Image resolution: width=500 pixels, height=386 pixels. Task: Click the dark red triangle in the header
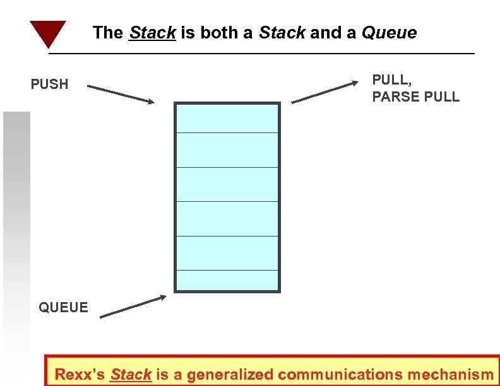point(47,32)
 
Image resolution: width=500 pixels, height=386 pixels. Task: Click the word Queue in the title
point(389,33)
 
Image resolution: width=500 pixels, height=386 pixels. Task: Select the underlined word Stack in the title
point(152,33)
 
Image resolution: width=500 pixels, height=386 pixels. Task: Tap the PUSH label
point(49,84)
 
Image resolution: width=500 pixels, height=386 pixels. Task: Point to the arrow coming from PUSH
point(120,93)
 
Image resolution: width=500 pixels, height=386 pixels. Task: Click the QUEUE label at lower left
point(63,307)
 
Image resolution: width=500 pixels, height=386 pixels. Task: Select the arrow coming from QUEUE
point(133,306)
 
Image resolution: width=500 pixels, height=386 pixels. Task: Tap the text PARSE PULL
point(415,97)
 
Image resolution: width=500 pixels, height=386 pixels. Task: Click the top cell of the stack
point(227,118)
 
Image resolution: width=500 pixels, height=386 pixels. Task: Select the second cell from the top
point(227,150)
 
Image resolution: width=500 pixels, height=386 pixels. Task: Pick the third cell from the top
point(227,184)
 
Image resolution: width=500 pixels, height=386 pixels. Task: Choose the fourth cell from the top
point(227,219)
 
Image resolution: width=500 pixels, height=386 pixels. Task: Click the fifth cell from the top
point(227,253)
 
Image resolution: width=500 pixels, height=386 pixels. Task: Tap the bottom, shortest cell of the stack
point(227,280)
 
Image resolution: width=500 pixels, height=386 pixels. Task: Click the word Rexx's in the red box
point(80,374)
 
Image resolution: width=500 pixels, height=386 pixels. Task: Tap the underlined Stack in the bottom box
point(131,374)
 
